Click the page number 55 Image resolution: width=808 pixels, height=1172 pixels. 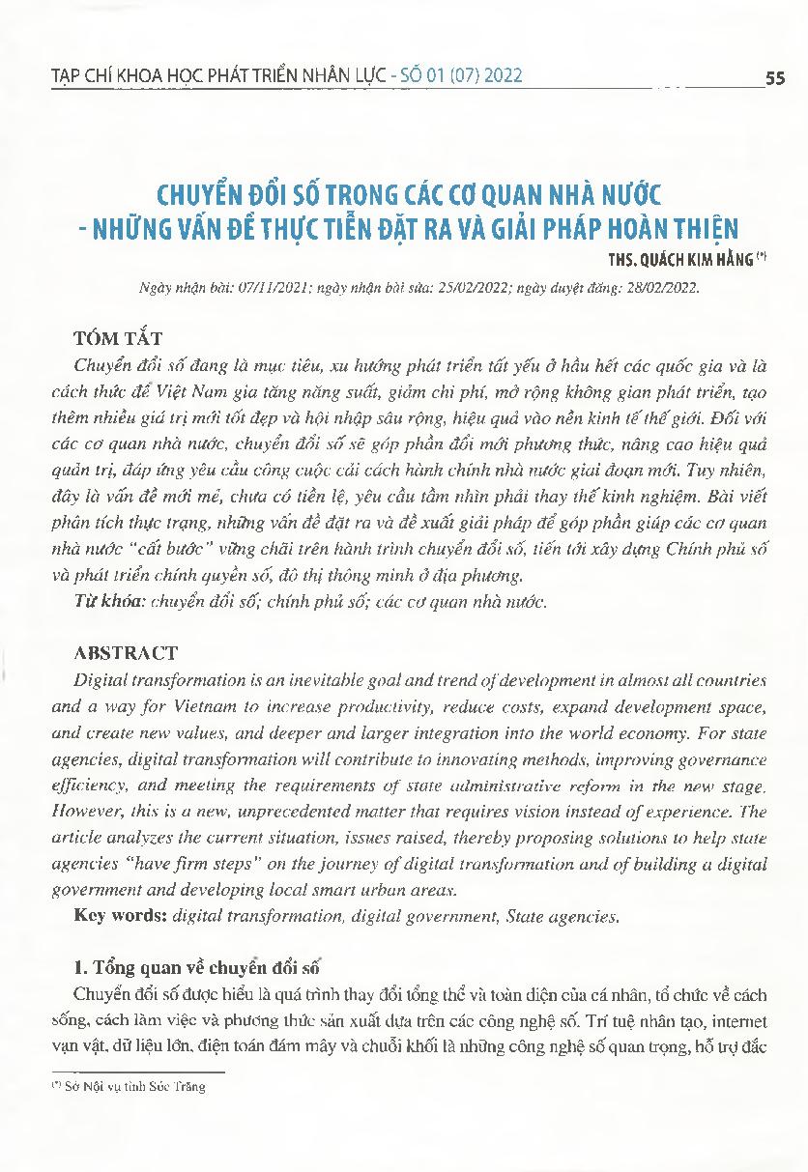point(774,79)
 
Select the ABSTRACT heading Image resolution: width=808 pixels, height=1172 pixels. point(126,653)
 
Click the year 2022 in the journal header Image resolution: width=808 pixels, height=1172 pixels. point(500,76)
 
